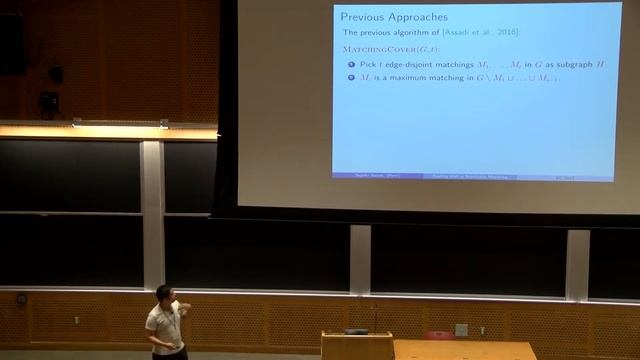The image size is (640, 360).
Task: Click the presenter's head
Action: point(164,294)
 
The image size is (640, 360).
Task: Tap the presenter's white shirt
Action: point(162,324)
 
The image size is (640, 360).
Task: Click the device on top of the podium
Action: point(356,330)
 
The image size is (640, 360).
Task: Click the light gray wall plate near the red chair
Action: point(461,329)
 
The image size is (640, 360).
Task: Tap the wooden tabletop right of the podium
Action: point(470,349)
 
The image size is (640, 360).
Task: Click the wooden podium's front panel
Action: point(355,348)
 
